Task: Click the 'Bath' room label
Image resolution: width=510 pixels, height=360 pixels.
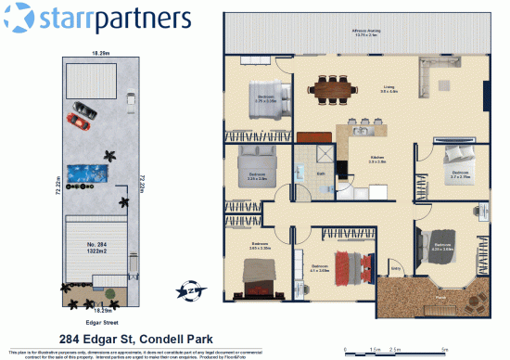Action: click(319, 173)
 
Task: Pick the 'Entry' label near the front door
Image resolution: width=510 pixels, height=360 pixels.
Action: click(396, 271)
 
